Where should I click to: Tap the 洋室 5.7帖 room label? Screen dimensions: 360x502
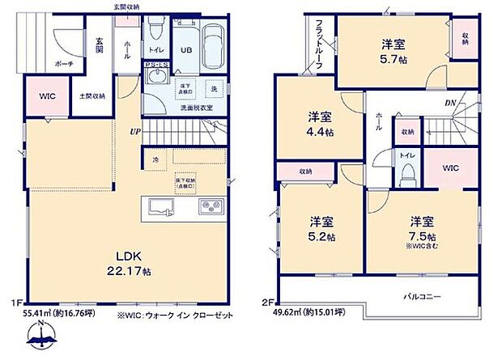point(393,52)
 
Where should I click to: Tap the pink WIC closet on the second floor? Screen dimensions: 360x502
point(451,167)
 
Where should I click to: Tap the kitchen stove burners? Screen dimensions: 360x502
point(211,207)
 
